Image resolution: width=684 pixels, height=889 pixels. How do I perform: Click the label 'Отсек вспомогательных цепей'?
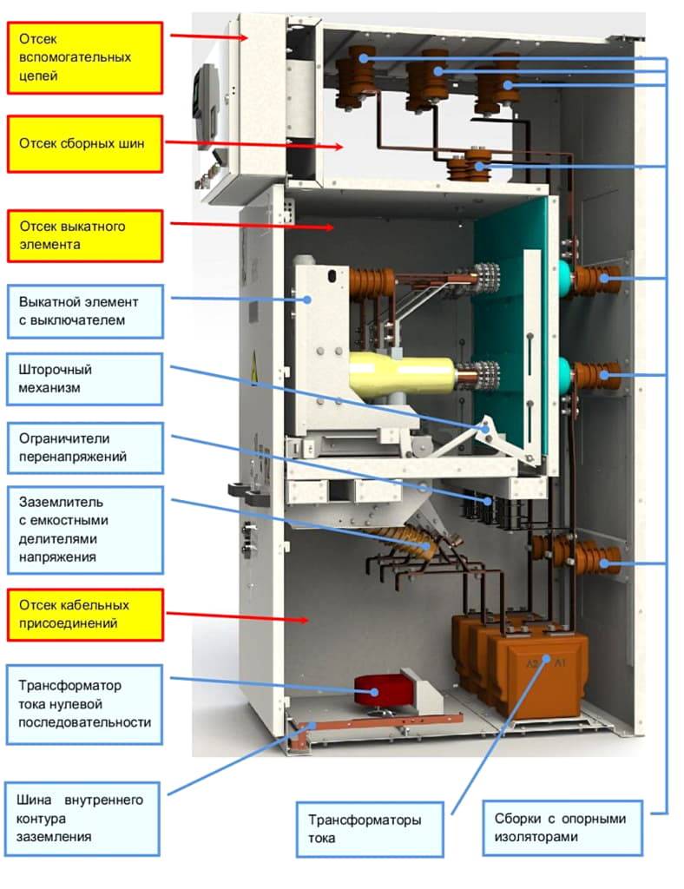(85, 57)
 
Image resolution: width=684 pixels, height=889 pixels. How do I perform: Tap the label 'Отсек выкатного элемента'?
(85, 235)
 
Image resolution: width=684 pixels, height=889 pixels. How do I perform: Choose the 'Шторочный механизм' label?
(85, 379)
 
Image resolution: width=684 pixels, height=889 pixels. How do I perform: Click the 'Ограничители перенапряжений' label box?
(85, 448)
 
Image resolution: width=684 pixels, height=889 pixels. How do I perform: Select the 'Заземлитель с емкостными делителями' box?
(85, 530)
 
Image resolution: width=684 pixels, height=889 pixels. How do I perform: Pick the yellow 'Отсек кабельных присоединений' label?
(85, 614)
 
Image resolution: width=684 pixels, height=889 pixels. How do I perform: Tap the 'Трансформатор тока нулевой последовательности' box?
(85, 704)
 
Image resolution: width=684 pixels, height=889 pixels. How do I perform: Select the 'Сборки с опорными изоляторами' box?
(562, 827)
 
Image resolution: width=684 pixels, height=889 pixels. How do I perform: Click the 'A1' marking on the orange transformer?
(560, 664)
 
